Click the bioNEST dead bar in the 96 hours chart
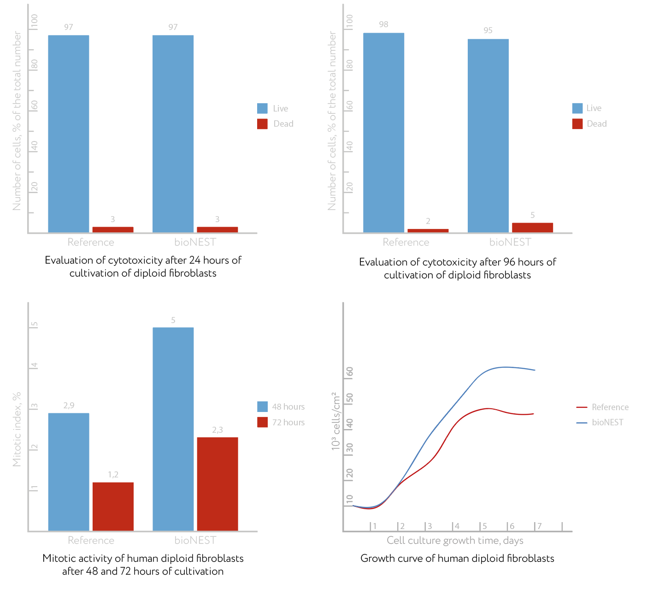tap(532, 227)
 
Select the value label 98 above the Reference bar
tap(383, 24)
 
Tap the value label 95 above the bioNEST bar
tap(488, 30)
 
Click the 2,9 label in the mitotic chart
tap(69, 406)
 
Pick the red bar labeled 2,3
tap(218, 484)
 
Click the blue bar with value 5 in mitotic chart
tap(173, 429)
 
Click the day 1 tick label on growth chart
tap(375, 526)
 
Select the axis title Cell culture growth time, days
tap(455, 541)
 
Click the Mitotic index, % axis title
tap(17, 429)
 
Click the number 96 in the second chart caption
tap(509, 262)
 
